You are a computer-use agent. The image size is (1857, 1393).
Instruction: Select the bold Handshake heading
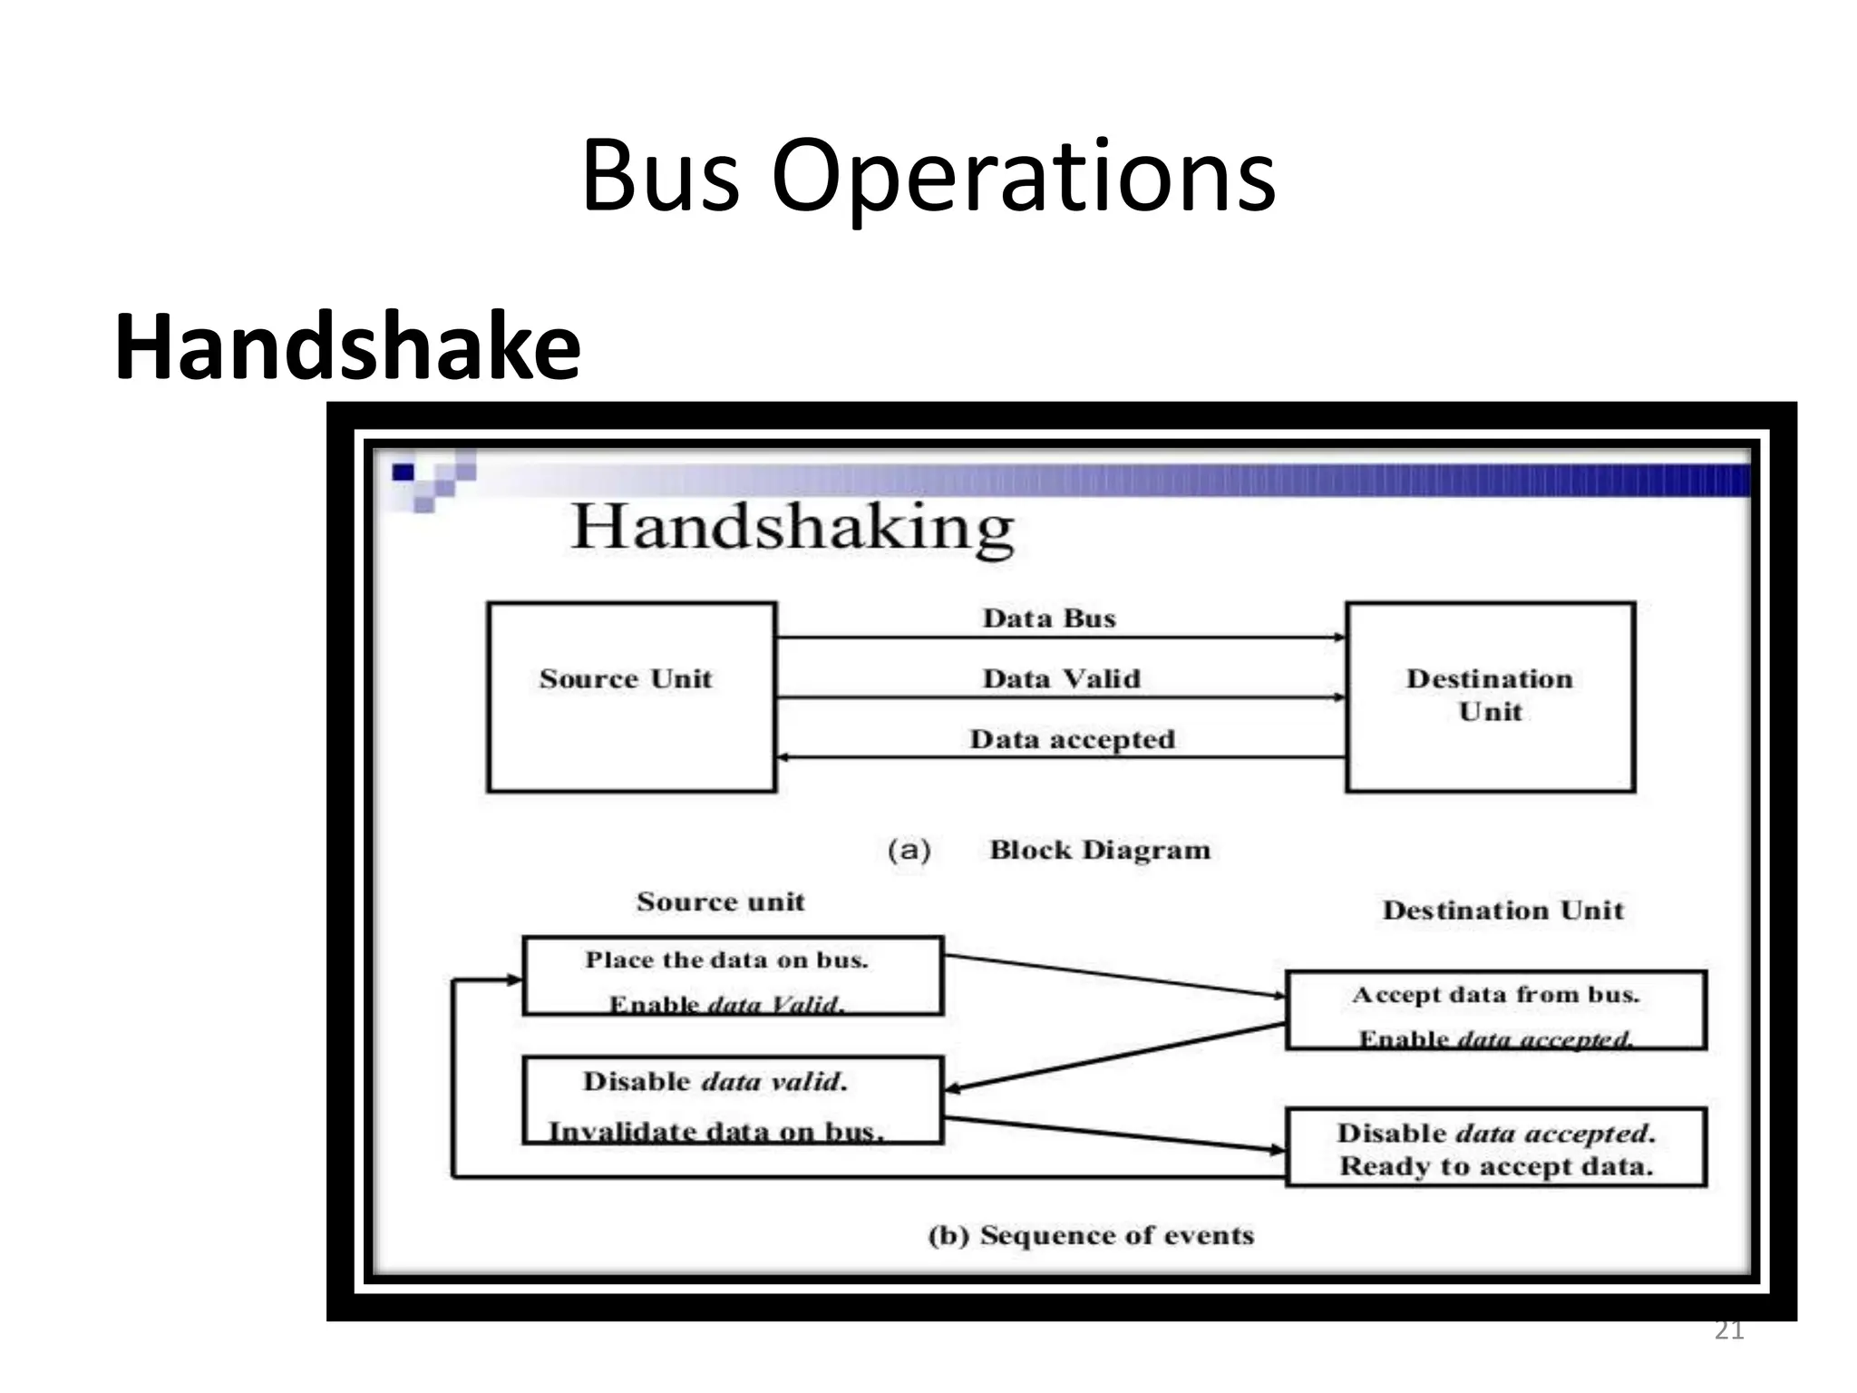tap(347, 347)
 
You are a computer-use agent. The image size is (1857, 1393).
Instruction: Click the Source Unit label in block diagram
tap(626, 678)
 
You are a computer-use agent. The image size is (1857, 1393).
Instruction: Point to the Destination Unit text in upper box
tap(1490, 695)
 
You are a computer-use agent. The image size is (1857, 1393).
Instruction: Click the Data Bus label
tap(1049, 619)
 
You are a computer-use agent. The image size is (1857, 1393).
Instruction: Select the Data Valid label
tap(1061, 678)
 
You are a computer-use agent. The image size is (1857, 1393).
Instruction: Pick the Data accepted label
tap(1072, 739)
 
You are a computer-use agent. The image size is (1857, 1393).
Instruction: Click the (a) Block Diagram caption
tap(1049, 850)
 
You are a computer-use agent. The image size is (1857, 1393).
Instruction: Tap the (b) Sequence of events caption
tap(1091, 1235)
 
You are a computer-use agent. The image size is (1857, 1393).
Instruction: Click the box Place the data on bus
tap(733, 976)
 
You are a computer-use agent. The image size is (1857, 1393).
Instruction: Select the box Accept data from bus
tap(1496, 1010)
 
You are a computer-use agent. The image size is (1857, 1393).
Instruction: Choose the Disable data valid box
tap(733, 1099)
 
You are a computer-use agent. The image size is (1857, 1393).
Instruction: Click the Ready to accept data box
tap(1496, 1147)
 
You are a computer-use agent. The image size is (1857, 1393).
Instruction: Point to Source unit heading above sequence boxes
tap(720, 901)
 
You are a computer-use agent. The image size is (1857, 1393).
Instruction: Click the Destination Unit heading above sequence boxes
tap(1502, 910)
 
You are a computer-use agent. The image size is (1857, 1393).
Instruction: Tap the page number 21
tap(1729, 1332)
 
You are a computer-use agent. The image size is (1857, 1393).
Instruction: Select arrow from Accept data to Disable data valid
tap(1115, 1057)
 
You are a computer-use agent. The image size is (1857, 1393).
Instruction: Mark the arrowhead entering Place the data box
tap(515, 979)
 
